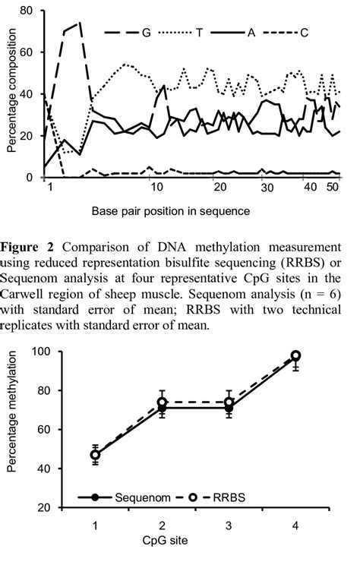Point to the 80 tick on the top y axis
pos(28,11)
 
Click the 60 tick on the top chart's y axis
pos(28,53)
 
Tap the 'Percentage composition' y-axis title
pos(11,93)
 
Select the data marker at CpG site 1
pos(95,455)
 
